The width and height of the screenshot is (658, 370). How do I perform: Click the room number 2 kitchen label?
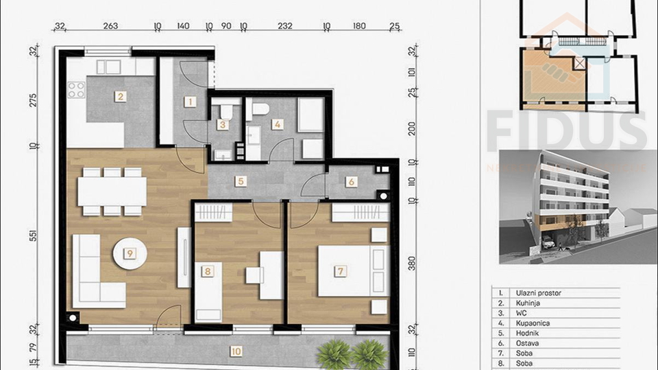point(120,97)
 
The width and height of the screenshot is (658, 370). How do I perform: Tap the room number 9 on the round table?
point(130,253)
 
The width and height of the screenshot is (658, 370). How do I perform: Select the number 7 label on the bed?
point(341,270)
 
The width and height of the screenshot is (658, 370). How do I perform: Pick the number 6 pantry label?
point(352,182)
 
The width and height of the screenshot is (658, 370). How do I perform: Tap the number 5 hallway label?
point(239,182)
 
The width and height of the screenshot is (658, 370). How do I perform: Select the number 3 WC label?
point(222,125)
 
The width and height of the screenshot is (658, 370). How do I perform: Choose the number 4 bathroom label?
point(277,125)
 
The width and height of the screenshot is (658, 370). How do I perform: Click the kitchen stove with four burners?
point(77,89)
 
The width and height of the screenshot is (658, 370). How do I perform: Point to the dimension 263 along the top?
point(110,27)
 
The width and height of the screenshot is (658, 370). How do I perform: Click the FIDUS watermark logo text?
point(566,132)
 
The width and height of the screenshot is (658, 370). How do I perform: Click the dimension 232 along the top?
point(285,27)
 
